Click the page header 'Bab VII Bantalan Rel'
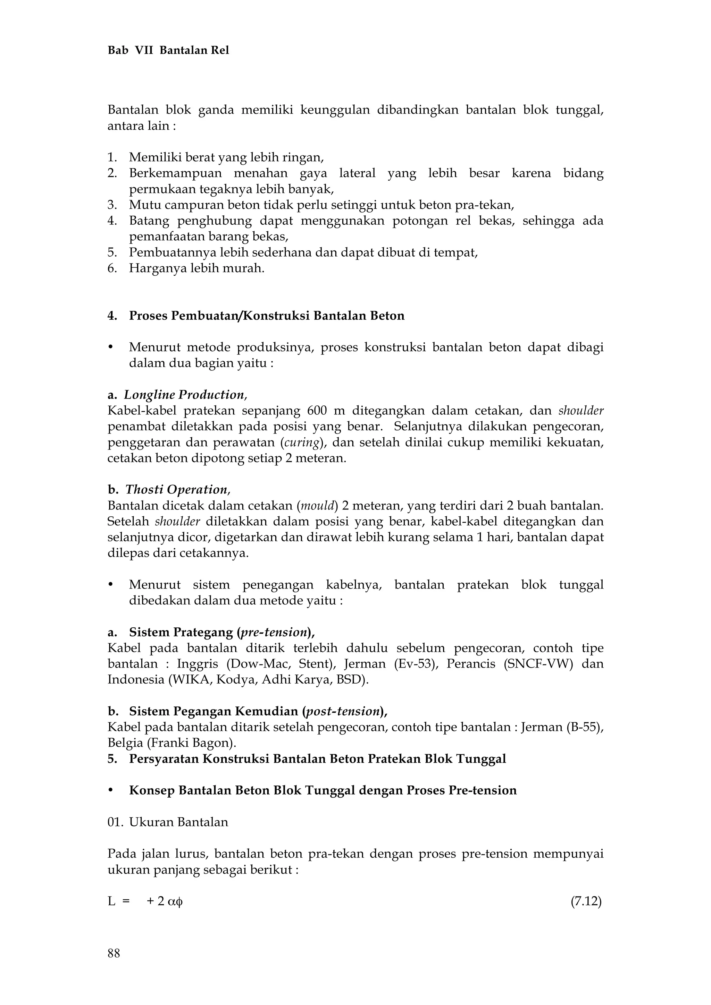click(x=168, y=50)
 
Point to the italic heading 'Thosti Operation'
click(x=177, y=489)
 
